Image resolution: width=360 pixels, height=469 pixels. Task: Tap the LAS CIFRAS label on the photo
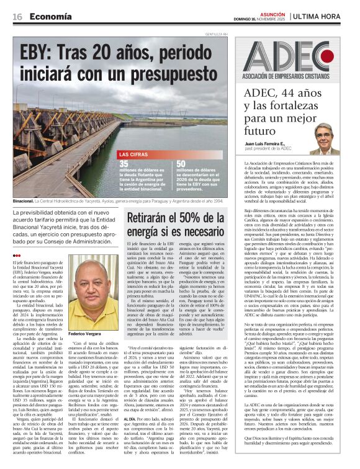133,154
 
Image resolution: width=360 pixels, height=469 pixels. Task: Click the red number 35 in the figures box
125,164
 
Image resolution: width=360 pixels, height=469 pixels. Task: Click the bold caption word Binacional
24,202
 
